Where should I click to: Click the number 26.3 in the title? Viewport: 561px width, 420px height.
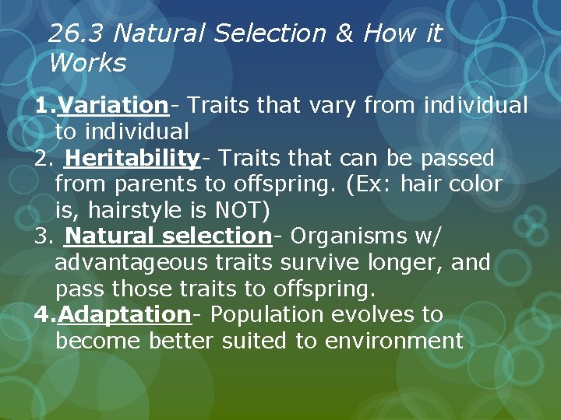click(x=77, y=33)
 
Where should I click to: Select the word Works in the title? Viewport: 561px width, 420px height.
click(x=86, y=63)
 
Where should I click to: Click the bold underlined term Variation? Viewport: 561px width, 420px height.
click(x=113, y=105)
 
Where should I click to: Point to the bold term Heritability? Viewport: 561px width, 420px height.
click(x=132, y=158)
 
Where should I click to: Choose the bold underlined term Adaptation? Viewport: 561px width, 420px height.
click(x=124, y=314)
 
